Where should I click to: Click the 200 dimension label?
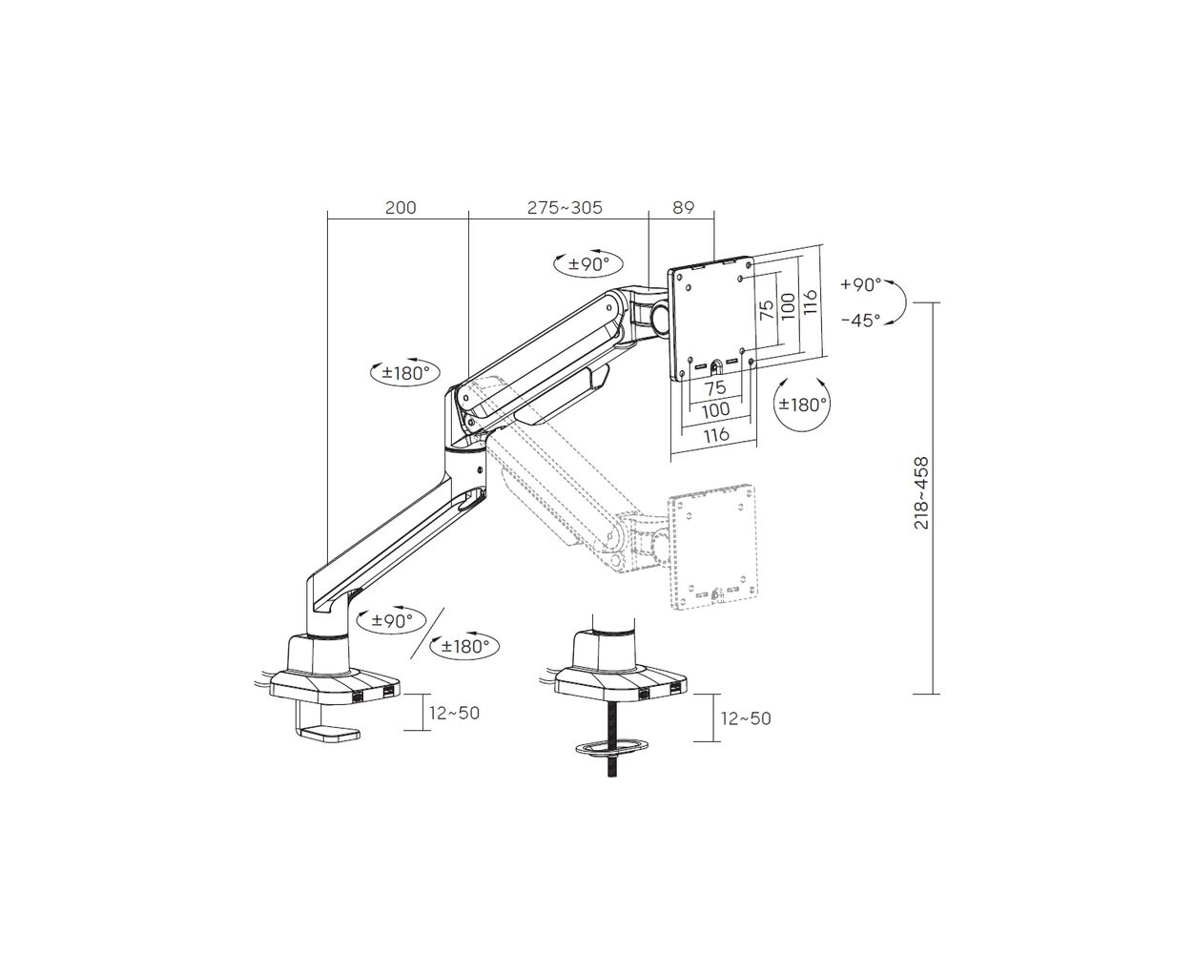[401, 208]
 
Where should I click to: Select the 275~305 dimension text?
[565, 208]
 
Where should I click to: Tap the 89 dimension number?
[683, 208]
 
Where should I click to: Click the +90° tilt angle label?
[860, 285]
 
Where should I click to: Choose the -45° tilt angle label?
[860, 321]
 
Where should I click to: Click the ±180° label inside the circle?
[802, 404]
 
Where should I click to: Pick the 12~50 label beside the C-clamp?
[454, 713]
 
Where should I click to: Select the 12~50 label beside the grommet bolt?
[746, 718]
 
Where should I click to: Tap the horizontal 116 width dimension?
[716, 435]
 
